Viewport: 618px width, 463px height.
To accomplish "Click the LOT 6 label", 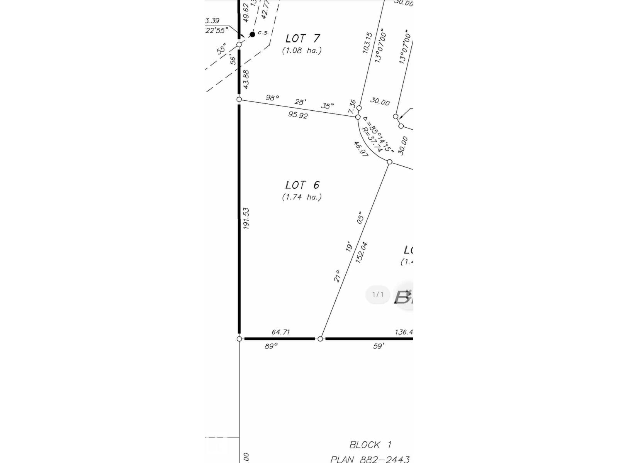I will click(x=302, y=185).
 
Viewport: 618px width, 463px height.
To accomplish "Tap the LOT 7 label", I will click(x=303, y=39).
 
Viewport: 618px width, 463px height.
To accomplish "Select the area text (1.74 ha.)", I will click(x=302, y=197).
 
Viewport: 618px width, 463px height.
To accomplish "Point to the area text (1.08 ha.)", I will click(x=302, y=51).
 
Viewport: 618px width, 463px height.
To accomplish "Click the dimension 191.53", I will click(x=246, y=218).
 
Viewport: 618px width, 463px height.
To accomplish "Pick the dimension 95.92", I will click(x=298, y=115).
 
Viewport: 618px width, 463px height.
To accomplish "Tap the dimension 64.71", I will click(x=281, y=332).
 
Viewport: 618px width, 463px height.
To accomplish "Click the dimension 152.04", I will click(x=361, y=252).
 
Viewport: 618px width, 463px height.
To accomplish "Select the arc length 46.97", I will click(x=361, y=149).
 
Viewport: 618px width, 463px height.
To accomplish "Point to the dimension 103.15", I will click(x=367, y=42).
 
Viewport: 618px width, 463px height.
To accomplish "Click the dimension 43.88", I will click(x=246, y=79).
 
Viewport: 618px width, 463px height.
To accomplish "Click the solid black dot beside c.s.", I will click(x=253, y=34).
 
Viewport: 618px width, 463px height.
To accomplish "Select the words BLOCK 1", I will click(x=370, y=445).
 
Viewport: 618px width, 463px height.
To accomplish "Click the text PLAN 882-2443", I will click(x=370, y=459).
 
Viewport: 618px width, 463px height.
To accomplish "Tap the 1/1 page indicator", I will click(x=378, y=295).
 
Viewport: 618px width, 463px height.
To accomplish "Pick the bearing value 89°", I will click(x=271, y=346).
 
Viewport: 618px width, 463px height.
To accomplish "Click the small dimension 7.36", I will click(x=352, y=106).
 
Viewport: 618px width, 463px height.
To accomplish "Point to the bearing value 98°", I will click(x=272, y=98).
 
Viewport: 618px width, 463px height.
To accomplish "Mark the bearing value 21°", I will click(x=337, y=276).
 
